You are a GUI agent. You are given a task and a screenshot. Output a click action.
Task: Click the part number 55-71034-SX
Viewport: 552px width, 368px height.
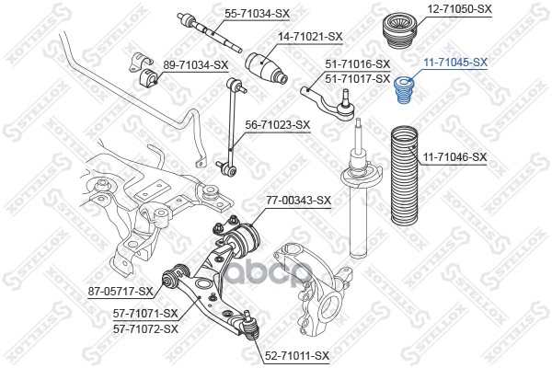[x=258, y=14]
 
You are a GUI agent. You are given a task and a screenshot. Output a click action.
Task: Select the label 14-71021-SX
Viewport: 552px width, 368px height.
[x=310, y=36]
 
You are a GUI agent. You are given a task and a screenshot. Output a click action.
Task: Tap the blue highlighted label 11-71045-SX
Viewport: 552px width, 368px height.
[x=455, y=63]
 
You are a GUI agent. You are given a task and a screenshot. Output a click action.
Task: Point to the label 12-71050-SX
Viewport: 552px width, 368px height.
[x=459, y=9]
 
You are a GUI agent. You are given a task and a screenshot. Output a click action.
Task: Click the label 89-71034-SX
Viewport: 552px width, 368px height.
[x=195, y=64]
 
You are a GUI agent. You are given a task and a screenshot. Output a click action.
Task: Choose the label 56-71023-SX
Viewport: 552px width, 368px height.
[x=278, y=125]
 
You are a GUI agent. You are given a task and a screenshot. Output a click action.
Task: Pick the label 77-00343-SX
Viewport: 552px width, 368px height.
[x=298, y=201]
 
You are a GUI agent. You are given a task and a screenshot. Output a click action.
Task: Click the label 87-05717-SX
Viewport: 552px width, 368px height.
[x=121, y=292]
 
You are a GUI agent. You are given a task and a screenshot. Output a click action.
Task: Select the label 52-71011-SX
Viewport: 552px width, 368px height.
[x=297, y=356]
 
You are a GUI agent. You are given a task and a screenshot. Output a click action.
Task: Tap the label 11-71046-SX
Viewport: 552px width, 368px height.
[x=455, y=156]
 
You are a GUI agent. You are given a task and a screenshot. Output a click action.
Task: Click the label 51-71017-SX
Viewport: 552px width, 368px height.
[x=358, y=78]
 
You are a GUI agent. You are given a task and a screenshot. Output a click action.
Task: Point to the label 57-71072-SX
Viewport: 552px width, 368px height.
[x=145, y=329]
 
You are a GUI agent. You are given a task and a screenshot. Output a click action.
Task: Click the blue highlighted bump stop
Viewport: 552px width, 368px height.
[x=405, y=91]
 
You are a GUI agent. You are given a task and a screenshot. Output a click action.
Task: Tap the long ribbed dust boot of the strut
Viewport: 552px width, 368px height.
[x=405, y=175]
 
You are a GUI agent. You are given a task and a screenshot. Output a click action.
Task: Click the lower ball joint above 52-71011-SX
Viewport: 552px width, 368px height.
[x=250, y=325]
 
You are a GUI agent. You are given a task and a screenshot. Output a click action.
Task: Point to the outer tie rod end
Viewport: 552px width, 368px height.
[x=328, y=102]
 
